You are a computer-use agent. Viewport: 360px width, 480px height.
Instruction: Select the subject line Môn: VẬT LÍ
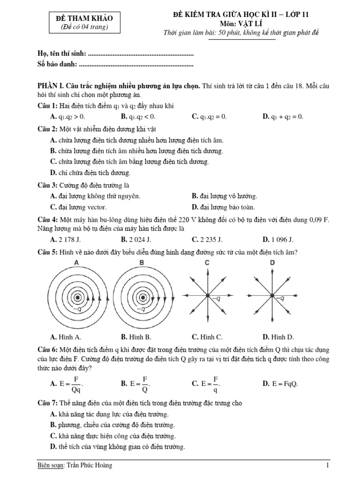coord(240,23)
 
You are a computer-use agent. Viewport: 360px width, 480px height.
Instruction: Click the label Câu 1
coord(47,105)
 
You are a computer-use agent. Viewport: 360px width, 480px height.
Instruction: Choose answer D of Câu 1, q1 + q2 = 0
coord(283,117)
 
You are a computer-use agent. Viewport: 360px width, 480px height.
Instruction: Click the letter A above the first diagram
coord(76,263)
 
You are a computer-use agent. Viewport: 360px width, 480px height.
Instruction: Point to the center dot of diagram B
coord(141,296)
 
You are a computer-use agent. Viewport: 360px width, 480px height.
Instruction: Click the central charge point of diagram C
coord(207,295)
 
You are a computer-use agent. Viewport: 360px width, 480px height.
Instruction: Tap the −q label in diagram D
coord(279,298)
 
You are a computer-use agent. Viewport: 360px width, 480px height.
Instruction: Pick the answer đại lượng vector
coord(78,207)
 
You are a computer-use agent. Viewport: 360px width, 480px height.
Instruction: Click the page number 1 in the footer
coord(328,465)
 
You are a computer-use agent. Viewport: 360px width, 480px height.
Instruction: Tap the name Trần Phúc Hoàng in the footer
coord(90,465)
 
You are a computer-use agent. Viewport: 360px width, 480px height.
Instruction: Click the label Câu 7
coord(47,403)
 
